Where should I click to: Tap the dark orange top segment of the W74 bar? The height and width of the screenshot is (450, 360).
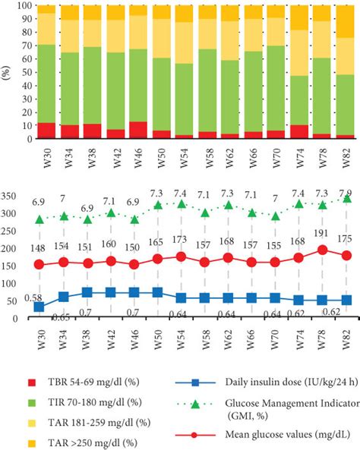click(x=322, y=17)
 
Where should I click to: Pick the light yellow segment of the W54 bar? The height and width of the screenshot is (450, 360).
click(x=185, y=42)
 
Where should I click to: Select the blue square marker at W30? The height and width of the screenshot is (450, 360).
click(x=39, y=307)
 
